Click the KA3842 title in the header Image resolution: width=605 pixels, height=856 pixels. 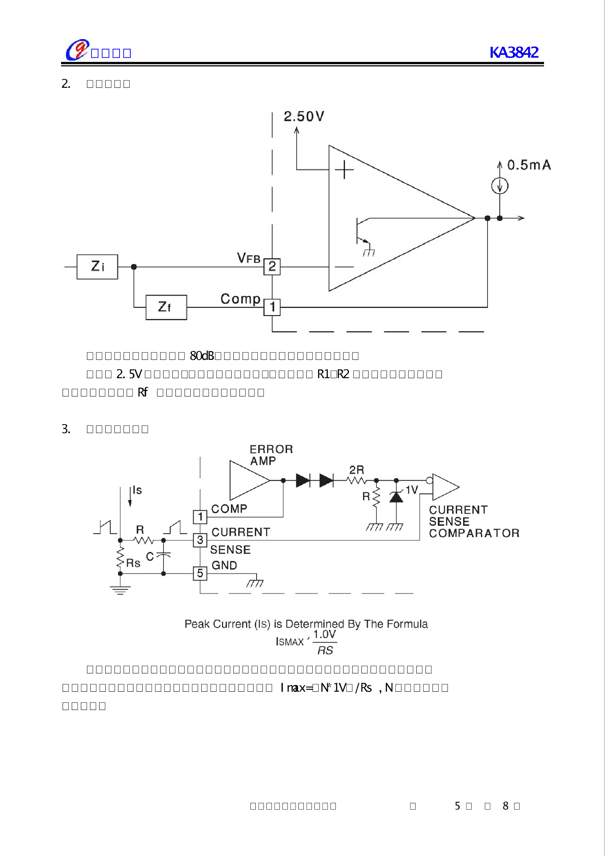point(514,52)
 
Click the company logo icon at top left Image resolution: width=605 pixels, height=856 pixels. point(77,50)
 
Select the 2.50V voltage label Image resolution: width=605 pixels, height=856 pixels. point(304,117)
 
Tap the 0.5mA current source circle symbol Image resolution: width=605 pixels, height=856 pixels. point(500,186)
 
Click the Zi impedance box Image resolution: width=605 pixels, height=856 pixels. point(97,267)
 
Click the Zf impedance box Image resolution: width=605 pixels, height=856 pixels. point(166,307)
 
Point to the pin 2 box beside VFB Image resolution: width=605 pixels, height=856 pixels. point(272,267)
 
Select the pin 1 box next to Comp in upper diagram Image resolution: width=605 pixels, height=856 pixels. point(272,307)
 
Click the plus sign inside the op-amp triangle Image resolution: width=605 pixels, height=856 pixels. point(344,170)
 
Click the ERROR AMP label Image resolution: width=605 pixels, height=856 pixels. point(271,455)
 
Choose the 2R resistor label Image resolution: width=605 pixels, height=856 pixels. point(357,470)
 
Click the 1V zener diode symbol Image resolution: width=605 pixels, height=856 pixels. point(396,497)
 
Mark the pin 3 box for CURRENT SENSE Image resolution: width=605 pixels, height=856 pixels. point(200,540)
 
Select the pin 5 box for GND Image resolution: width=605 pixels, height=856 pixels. point(200,573)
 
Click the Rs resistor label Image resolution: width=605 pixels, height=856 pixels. point(133,563)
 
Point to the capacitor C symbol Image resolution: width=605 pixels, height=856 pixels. point(163,555)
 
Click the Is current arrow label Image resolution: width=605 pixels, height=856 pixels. point(137,490)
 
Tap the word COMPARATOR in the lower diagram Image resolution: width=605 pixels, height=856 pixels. point(474,533)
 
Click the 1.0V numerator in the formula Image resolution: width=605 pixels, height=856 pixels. point(324,635)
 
